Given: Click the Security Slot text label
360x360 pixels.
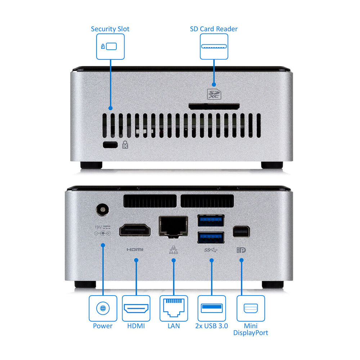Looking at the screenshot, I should point(110,29).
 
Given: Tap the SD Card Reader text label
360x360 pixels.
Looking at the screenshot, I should point(213,29).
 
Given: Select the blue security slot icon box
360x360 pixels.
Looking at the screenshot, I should point(110,46).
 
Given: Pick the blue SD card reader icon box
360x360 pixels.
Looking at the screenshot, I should point(214,46).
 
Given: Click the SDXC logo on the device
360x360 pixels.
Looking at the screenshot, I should point(214,94).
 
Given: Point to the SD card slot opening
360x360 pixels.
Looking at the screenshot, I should point(214,106).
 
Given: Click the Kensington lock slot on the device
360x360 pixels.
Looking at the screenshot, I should point(110,145).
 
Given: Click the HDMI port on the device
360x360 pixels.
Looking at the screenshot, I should point(135,230).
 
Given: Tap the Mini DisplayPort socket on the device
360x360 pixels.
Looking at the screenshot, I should point(241,232).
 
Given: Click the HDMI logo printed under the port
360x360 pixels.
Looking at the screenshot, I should point(135,249).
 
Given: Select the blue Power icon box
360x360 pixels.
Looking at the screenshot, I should point(103,308).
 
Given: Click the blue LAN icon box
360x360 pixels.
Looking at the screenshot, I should point(174,308).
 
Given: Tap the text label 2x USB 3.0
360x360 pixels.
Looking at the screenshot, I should point(212,326).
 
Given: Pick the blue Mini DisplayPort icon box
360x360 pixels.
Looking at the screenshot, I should point(251,308).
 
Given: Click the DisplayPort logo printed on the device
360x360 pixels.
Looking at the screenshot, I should point(241,249).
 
